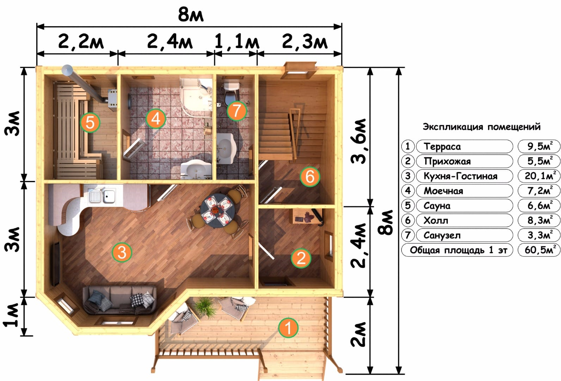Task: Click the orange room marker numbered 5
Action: click(90, 122)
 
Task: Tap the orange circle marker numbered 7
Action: click(237, 111)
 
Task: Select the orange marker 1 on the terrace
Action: click(288, 328)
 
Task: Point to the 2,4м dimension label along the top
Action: click(170, 41)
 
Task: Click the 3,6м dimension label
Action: click(359, 141)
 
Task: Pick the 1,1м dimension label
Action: click(237, 41)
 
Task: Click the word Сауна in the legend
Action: click(437, 206)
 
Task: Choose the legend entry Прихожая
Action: click(447, 162)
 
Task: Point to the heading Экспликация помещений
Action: click(482, 127)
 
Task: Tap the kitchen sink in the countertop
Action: click(103, 196)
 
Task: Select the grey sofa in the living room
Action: click(119, 300)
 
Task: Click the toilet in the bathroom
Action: click(231, 93)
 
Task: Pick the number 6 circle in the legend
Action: click(408, 220)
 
